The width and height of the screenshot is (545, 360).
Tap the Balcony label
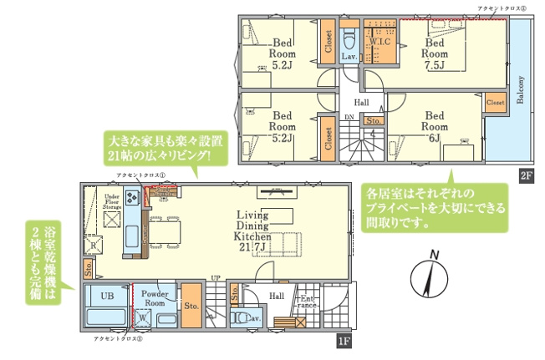pyautogui.click(x=521, y=90)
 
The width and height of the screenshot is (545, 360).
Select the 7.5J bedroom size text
pyautogui.click(x=435, y=65)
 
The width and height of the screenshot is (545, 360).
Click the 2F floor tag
pyautogui.click(x=526, y=175)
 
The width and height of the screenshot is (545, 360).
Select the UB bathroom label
pyautogui.click(x=107, y=296)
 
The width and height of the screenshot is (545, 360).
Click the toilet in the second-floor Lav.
pyautogui.click(x=350, y=39)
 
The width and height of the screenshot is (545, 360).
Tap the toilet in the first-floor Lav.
pyautogui.click(x=243, y=318)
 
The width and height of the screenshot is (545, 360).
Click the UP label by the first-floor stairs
pyautogui.click(x=215, y=278)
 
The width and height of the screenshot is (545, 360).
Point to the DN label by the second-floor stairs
pyautogui.click(x=349, y=118)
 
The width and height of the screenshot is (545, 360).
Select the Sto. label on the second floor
pyautogui.click(x=374, y=122)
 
